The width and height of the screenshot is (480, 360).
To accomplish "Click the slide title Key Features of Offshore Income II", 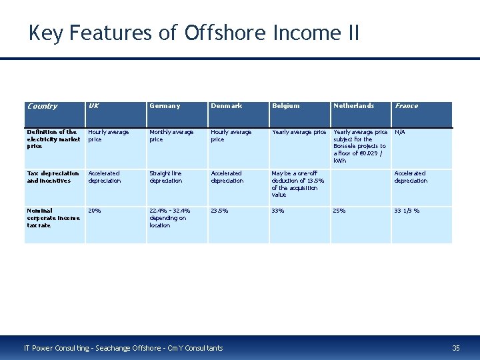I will pyautogui.click(x=193, y=32).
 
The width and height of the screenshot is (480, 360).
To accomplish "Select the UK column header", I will pyautogui.click(x=94, y=106).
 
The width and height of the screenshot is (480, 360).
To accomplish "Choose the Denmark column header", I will pyautogui.click(x=226, y=106).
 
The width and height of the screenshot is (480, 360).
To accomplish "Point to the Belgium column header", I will pyautogui.click(x=285, y=106).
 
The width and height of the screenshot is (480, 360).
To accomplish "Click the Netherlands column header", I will pyautogui.click(x=353, y=106).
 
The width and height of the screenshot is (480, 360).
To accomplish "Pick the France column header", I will pyautogui.click(x=406, y=106).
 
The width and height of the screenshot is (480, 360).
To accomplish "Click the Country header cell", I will pyautogui.click(x=42, y=106).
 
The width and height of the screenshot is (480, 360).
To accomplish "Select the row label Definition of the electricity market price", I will pyautogui.click(x=53, y=139).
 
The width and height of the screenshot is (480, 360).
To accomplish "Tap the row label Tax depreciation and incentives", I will pyautogui.click(x=53, y=177).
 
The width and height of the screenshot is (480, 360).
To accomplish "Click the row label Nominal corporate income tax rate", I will pyautogui.click(x=53, y=218).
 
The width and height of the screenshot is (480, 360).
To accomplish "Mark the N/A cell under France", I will pyautogui.click(x=400, y=132).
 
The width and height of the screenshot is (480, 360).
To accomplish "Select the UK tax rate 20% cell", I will pyautogui.click(x=95, y=211).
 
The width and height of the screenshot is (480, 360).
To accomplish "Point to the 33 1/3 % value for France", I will pyautogui.click(x=407, y=211).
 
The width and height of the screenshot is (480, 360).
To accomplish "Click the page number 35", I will pyautogui.click(x=456, y=348).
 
